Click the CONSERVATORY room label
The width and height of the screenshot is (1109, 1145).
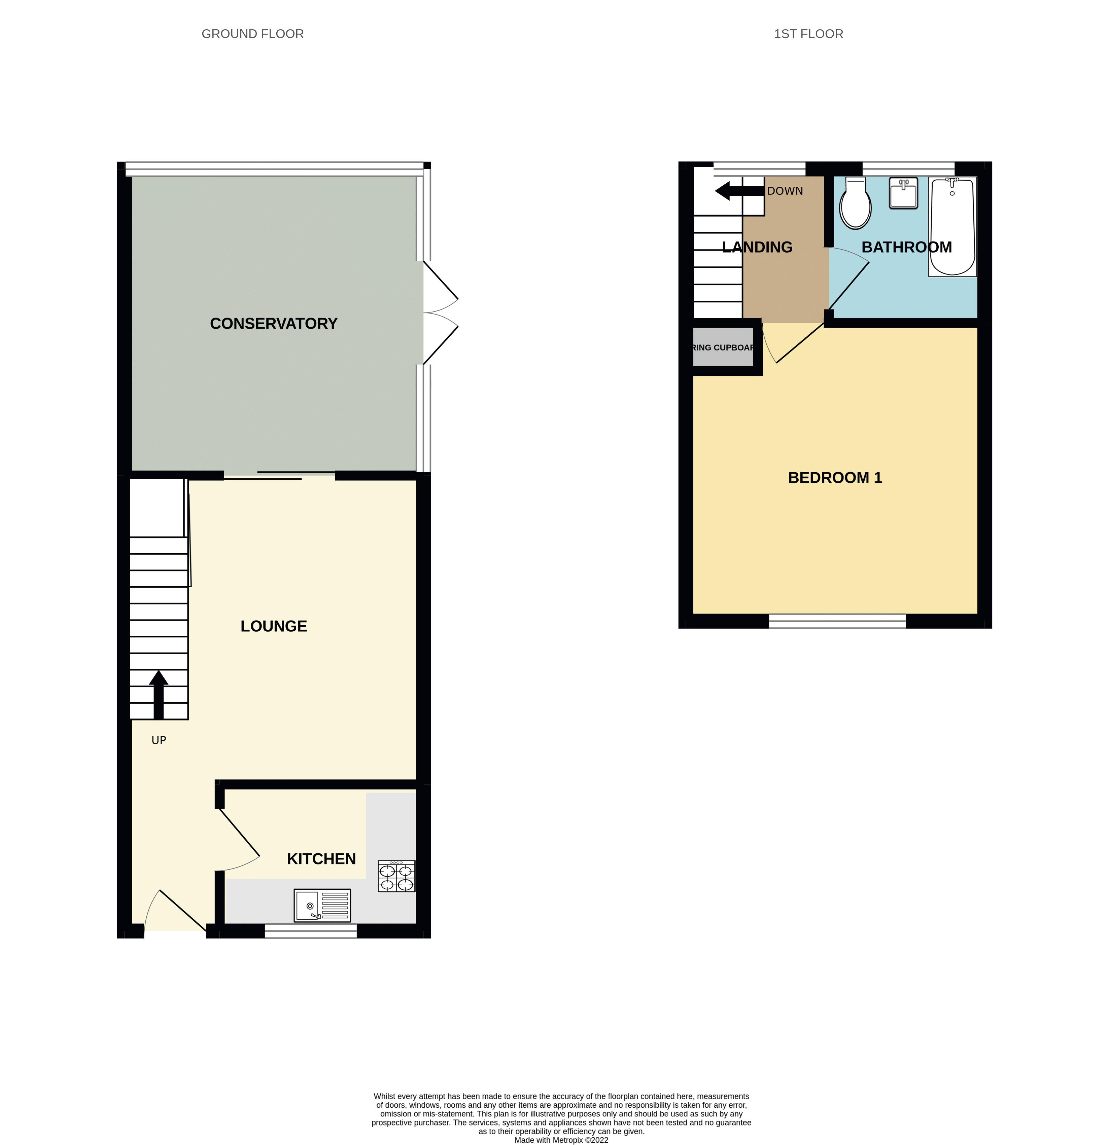coord(274,324)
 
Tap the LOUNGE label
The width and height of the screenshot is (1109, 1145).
coord(274,626)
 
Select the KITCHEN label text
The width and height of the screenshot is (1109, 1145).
coord(321,859)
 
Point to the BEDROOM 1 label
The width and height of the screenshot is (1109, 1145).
coord(834,478)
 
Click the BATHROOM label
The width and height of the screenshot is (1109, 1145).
coord(906,247)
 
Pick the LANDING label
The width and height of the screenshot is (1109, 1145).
coord(757,247)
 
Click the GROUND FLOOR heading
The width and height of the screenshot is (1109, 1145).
coord(252,34)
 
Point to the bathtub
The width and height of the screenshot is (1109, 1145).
coord(952,227)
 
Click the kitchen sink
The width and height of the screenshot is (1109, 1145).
coord(322,905)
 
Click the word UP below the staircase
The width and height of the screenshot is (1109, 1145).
coord(159,740)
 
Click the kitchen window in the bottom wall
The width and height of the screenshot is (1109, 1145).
coord(310,931)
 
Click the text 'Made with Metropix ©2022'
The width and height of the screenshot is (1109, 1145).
coord(561,1140)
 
